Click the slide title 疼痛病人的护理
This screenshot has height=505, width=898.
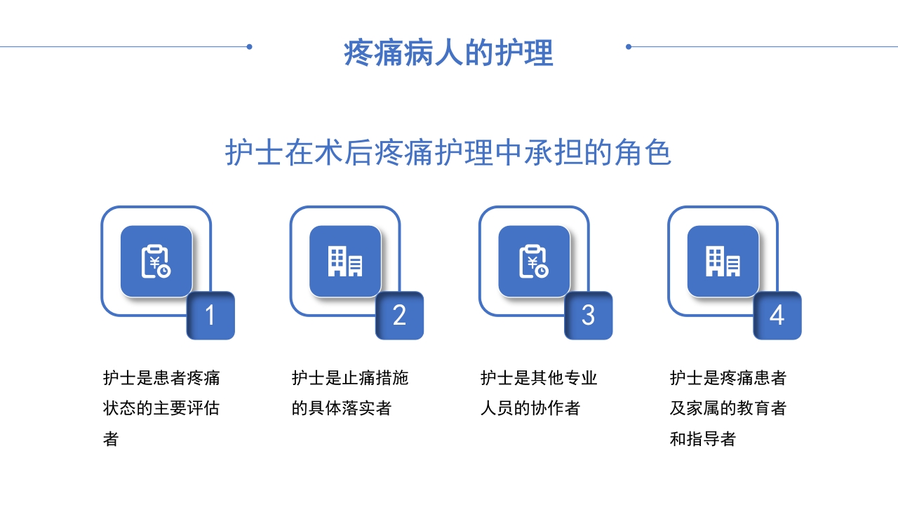(x=448, y=53)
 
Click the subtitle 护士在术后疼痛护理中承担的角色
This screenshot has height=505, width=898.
(x=448, y=153)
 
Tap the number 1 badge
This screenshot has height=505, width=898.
(x=210, y=316)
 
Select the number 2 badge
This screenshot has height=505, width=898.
(x=399, y=316)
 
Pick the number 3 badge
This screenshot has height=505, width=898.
(x=588, y=316)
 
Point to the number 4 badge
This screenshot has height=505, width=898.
(x=777, y=316)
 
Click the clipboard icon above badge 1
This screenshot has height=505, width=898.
(x=156, y=261)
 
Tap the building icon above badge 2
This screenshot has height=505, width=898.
(x=345, y=261)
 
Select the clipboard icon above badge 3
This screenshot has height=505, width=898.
(x=534, y=261)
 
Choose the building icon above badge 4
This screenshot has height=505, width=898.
(x=723, y=261)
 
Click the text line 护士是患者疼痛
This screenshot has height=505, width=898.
(x=161, y=378)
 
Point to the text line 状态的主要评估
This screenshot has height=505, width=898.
(x=161, y=408)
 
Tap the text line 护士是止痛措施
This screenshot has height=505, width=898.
(x=350, y=378)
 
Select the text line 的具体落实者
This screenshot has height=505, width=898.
(x=342, y=408)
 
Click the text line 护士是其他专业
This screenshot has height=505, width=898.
(x=539, y=378)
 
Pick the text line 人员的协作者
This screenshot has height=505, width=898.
(x=530, y=408)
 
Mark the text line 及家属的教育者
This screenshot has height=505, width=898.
(x=728, y=408)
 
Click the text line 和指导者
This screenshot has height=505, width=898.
(x=702, y=439)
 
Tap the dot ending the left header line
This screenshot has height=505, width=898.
(x=249, y=47)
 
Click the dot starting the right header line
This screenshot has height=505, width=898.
(x=629, y=47)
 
